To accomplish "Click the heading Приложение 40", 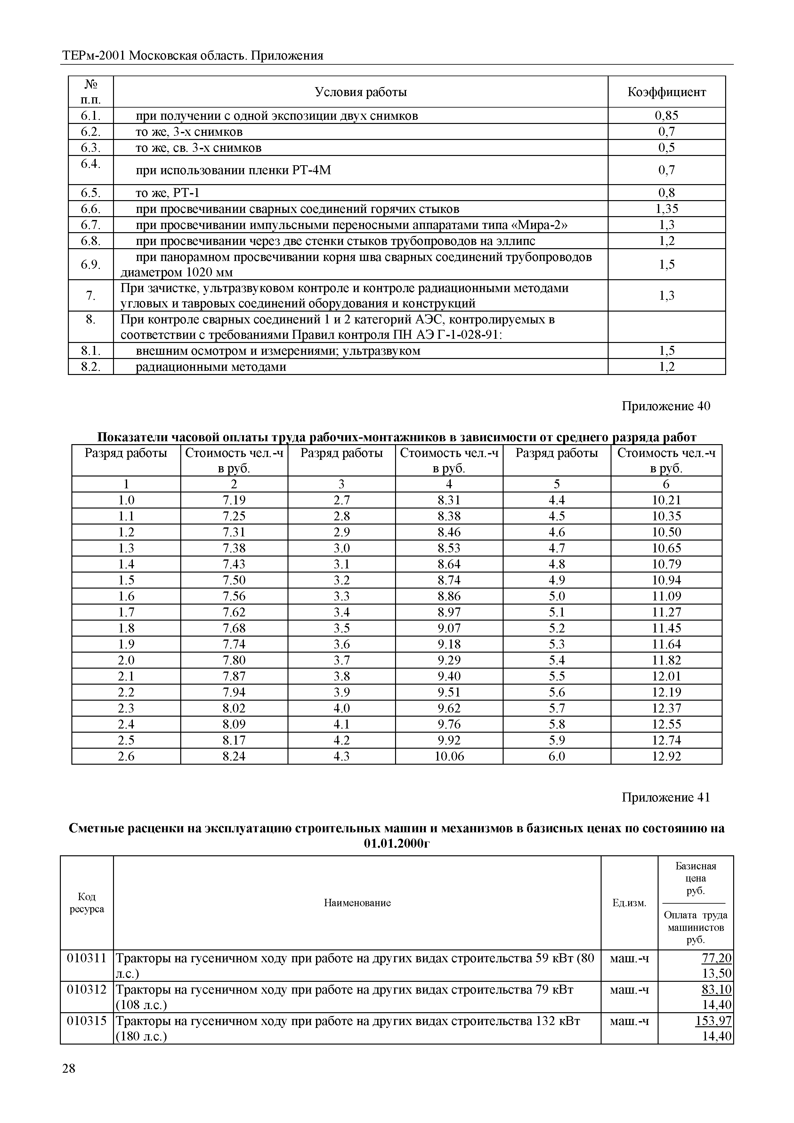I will [665, 406].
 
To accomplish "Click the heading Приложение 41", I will [665, 797].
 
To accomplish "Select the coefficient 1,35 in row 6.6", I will [666, 209].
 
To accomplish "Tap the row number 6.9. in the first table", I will [91, 264].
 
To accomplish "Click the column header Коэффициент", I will [666, 92].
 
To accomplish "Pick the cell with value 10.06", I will [449, 756].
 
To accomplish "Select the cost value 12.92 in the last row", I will [666, 756].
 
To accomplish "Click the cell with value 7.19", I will [234, 500].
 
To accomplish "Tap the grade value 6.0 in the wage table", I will [556, 756].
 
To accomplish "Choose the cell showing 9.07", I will [449, 628].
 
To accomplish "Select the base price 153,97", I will [713, 1021].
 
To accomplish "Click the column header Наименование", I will [357, 903].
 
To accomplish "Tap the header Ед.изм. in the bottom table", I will [629, 903].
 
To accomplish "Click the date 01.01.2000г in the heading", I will [396, 844].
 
